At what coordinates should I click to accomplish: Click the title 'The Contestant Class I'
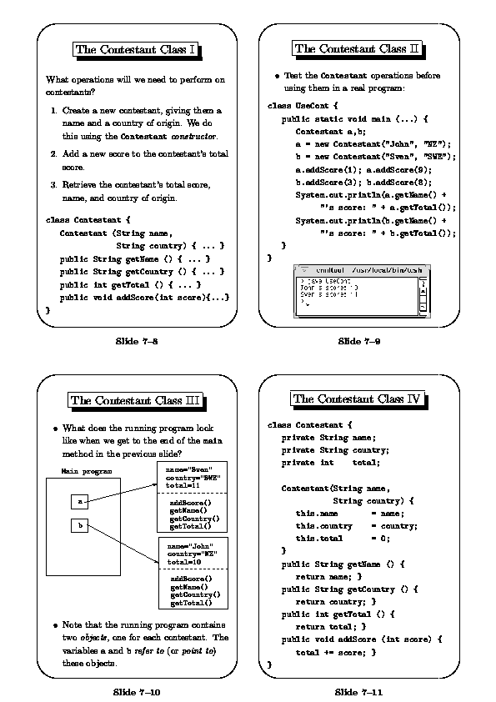[x=136, y=50]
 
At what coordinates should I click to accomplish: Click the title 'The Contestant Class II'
[x=357, y=48]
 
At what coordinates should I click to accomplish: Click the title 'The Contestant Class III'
[x=136, y=400]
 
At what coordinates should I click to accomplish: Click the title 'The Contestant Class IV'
[x=358, y=399]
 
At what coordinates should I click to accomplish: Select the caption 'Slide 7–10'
[x=137, y=691]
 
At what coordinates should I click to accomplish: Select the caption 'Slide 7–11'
[x=359, y=691]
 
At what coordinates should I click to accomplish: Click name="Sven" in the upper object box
[x=189, y=469]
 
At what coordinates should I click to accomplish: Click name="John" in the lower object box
[x=189, y=546]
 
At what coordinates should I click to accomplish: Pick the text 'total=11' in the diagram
[x=183, y=484]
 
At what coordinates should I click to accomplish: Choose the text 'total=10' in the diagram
[x=183, y=561]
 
